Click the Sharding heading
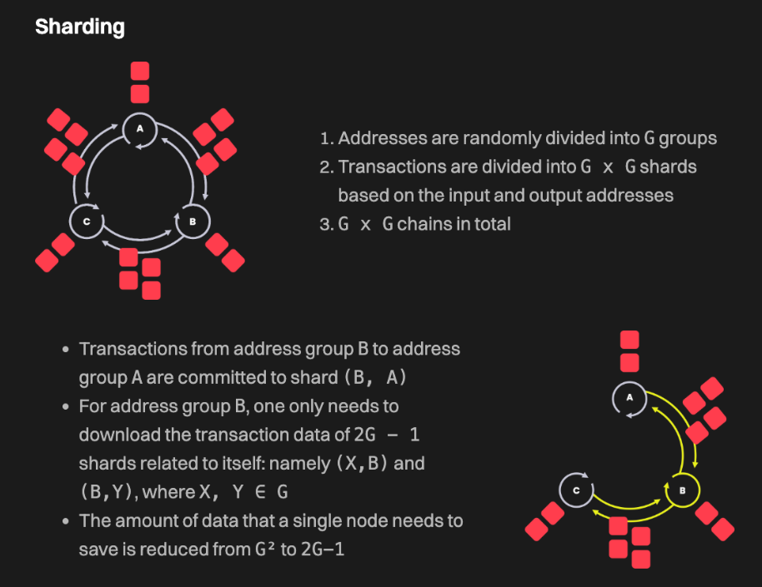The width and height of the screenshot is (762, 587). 80,27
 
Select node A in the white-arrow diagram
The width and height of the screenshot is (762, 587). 140,128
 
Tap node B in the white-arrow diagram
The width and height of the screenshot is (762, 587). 193,221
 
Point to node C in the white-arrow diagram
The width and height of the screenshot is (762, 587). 86,221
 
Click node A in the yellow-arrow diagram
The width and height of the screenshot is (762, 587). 629,398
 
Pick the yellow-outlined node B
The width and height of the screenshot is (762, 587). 682,490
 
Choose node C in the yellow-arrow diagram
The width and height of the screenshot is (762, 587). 575,490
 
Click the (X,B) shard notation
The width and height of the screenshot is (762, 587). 363,463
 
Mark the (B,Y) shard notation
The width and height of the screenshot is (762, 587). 108,492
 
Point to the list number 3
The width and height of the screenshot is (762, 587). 325,225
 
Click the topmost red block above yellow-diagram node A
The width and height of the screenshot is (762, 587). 629,340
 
